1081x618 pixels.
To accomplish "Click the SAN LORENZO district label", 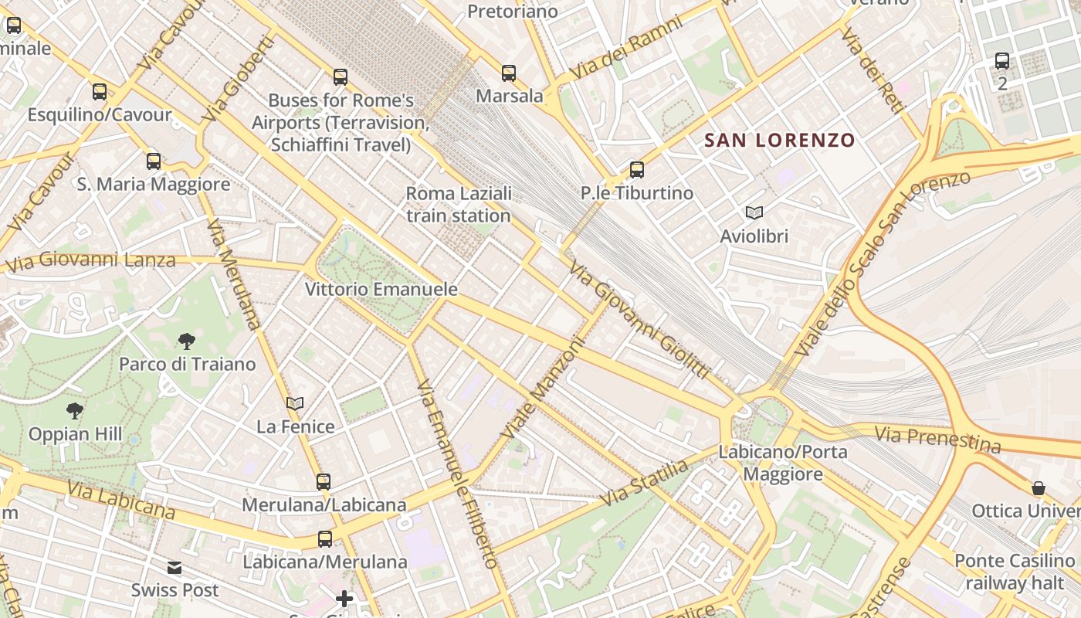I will tap(780, 141).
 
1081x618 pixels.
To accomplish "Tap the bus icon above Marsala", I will tap(508, 73).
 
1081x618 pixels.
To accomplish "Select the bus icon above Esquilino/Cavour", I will tap(99, 92).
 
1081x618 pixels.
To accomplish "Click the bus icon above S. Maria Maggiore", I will tap(154, 161).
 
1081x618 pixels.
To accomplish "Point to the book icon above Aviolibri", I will tap(754, 212).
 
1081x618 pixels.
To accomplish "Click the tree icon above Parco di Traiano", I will tap(186, 341).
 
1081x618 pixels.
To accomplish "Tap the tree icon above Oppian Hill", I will tap(75, 410).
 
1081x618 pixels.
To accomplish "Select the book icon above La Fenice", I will tap(294, 403).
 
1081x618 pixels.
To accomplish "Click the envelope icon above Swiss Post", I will tap(175, 568).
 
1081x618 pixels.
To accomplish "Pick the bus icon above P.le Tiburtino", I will tap(636, 170).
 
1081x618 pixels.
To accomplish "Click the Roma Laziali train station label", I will tap(459, 205).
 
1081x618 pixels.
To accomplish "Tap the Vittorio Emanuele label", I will tap(381, 290).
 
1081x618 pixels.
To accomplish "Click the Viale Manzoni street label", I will tap(542, 388).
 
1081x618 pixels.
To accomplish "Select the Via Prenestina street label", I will tap(937, 440).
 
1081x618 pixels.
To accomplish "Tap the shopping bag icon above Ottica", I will tap(1039, 488).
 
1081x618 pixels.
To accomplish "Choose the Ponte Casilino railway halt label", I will tap(1014, 572).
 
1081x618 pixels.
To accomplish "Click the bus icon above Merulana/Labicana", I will tap(323, 482).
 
